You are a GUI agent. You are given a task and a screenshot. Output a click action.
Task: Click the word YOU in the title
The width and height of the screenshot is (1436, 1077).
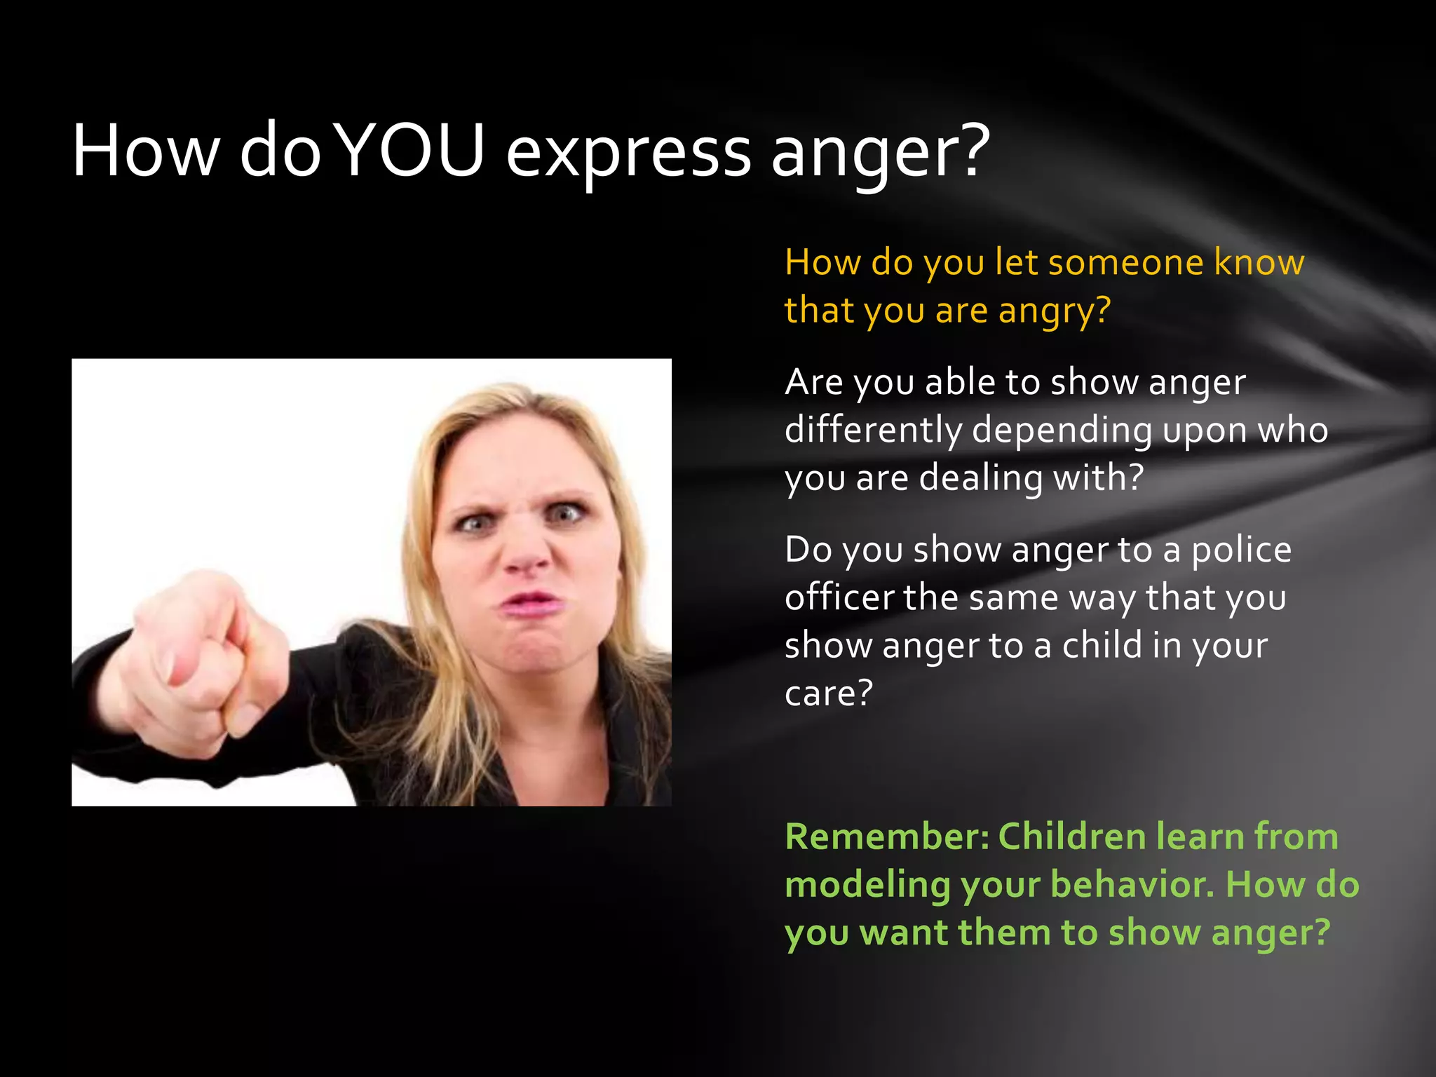click(x=412, y=151)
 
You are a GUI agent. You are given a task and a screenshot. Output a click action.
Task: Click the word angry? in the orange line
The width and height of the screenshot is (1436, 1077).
click(x=1055, y=311)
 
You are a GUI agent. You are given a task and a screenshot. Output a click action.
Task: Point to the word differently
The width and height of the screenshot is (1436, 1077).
click(x=874, y=431)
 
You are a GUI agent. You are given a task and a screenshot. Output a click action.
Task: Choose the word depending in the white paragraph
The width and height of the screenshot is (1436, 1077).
click(x=1062, y=431)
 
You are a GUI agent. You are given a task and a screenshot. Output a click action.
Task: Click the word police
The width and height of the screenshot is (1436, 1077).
click(x=1241, y=550)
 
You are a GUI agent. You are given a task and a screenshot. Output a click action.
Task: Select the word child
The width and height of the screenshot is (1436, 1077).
click(x=1103, y=645)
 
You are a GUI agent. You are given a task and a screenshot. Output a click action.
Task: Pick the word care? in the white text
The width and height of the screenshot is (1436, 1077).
click(x=829, y=693)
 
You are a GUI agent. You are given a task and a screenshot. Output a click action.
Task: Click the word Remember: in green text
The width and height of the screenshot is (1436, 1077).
click(x=886, y=836)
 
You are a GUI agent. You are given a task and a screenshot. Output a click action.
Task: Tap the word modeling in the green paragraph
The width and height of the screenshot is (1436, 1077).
click(x=867, y=885)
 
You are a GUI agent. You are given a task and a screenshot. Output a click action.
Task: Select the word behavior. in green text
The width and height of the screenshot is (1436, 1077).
click(x=1132, y=885)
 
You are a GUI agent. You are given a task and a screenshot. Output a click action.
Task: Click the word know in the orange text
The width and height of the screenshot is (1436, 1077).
click(x=1259, y=263)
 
